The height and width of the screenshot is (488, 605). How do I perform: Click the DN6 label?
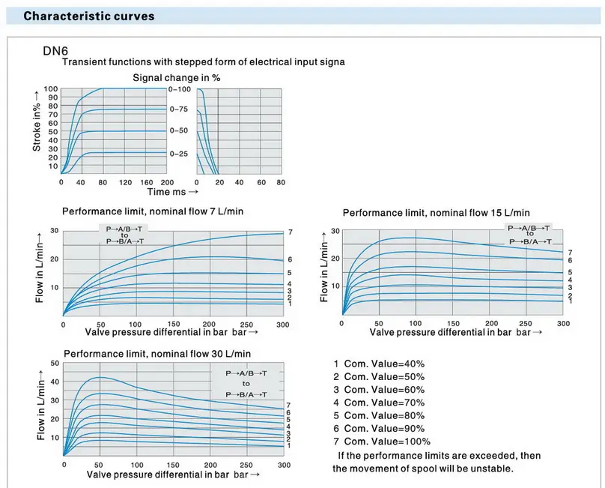55,52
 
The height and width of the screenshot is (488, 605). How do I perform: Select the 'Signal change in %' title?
176,77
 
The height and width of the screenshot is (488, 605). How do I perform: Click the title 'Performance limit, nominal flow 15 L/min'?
436,213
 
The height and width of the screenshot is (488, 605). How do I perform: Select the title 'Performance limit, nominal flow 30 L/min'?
157,353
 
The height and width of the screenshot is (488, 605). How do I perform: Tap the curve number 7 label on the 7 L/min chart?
290,232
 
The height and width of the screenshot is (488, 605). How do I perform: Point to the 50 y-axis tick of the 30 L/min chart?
54,364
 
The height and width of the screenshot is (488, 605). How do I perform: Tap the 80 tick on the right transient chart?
281,182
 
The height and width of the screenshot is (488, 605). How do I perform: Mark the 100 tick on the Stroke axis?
51,89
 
